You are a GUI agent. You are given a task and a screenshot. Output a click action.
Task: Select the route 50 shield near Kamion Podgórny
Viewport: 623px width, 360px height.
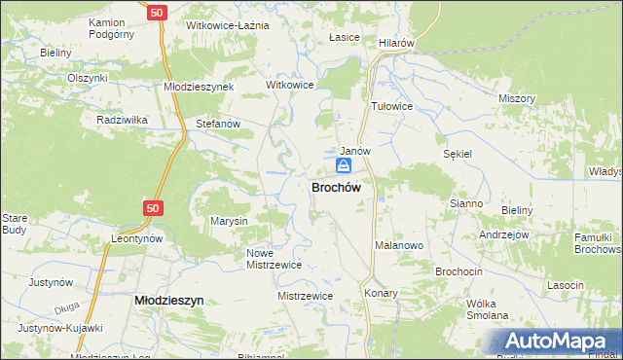click(158, 12)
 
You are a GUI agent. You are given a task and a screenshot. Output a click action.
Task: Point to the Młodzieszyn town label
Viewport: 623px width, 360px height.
click(167, 302)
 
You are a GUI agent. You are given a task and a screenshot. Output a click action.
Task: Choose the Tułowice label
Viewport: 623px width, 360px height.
click(392, 106)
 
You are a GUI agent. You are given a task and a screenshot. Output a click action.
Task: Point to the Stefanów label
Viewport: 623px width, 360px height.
click(218, 125)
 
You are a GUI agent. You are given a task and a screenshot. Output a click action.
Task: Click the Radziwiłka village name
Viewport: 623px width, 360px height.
click(122, 120)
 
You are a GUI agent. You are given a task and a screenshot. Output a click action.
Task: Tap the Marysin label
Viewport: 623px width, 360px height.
click(230, 221)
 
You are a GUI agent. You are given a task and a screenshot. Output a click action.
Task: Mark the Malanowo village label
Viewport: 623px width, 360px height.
click(399, 246)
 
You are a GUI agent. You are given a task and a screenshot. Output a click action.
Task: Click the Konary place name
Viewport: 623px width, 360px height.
click(381, 292)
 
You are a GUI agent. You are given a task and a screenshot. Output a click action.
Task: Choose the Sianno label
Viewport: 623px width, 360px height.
click(466, 203)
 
